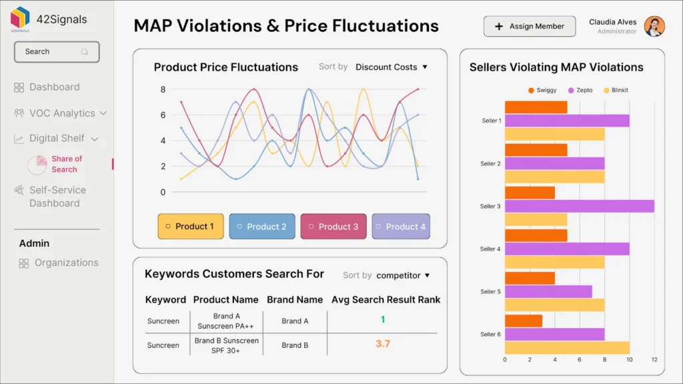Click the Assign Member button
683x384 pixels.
tap(530, 27)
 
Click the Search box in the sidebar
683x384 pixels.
tap(57, 52)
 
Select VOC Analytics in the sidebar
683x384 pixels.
tap(61, 113)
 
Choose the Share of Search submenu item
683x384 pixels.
tap(66, 164)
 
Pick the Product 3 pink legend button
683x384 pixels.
tap(331, 227)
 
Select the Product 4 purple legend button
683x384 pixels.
tap(401, 227)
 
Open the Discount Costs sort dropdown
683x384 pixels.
tap(392, 67)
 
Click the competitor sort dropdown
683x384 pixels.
tap(403, 275)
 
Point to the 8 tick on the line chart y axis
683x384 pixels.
tap(163, 89)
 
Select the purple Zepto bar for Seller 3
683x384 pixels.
tap(579, 206)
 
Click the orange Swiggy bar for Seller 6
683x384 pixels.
tap(523, 321)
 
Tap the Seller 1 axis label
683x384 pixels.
tap(491, 121)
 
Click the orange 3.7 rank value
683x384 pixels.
tap(383, 344)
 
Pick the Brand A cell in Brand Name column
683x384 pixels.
tap(295, 321)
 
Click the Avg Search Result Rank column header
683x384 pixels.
tap(386, 300)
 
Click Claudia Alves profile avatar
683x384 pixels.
tap(654, 27)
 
